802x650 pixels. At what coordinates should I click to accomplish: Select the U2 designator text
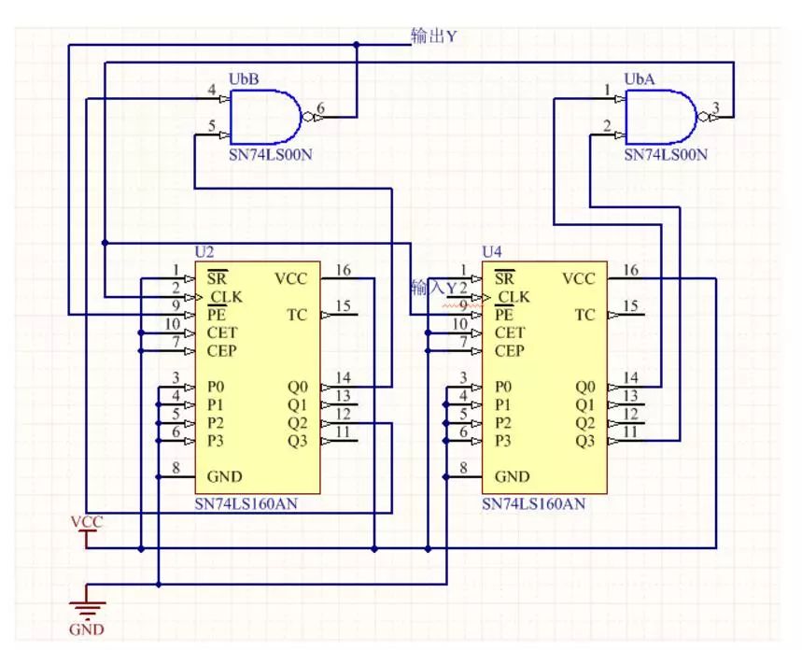(204, 252)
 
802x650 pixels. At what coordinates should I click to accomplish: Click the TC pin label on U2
(296, 315)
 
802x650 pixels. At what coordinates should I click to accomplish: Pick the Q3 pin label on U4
(584, 440)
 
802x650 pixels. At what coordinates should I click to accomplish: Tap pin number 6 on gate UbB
(320, 108)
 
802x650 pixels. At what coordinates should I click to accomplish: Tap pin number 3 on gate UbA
(715, 108)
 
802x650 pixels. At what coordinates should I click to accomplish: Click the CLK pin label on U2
(224, 297)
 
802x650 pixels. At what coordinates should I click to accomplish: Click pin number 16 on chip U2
(343, 270)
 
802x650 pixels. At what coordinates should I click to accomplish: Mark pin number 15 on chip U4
(630, 306)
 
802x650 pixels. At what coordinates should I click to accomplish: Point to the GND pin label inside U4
(512, 476)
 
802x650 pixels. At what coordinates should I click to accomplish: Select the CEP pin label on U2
(222, 351)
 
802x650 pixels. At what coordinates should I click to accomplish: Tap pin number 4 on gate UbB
(211, 90)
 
